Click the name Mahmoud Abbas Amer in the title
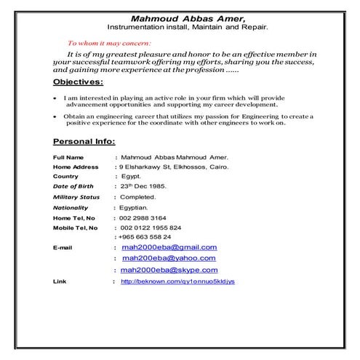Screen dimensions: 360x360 point(188,17)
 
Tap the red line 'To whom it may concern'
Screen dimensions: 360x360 point(108,44)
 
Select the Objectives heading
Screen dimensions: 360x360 point(79,82)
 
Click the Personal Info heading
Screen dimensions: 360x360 point(84,140)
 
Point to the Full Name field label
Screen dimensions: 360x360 point(68,157)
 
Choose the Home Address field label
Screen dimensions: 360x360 point(76,167)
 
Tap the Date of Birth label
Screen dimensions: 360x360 point(73,186)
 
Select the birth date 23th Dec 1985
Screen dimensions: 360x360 point(143,186)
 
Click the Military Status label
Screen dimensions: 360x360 point(76,197)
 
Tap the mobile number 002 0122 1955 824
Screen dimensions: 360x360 point(151,228)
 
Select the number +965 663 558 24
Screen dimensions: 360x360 point(147,237)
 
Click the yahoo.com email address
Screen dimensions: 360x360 point(169,258)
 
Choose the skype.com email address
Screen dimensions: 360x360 point(169,270)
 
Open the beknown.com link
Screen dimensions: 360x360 point(177,281)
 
